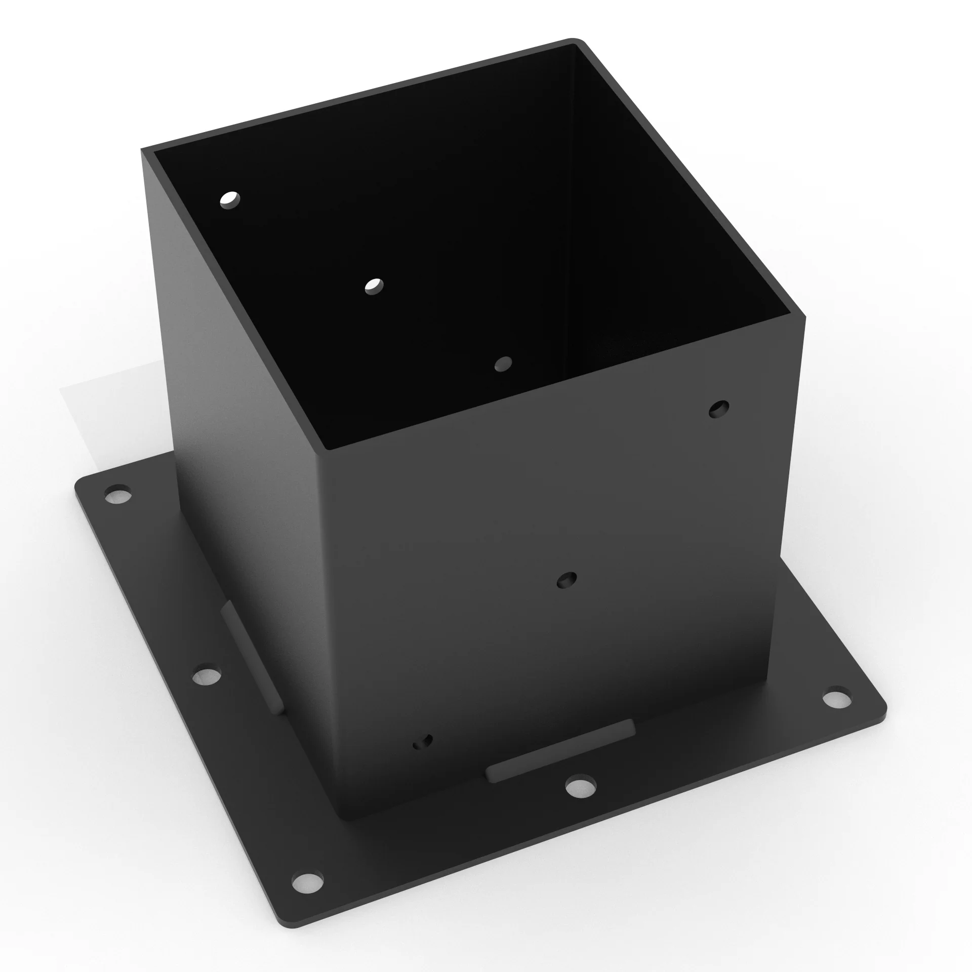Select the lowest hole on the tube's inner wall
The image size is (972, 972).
point(503,363)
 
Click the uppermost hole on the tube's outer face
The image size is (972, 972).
point(719,409)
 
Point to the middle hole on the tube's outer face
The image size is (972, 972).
point(567,580)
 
